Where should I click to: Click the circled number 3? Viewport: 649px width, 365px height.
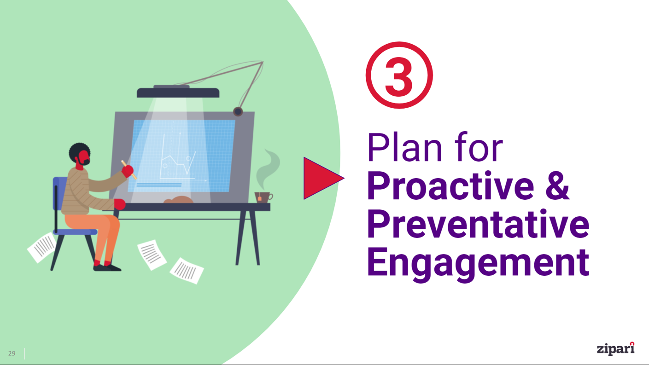399,75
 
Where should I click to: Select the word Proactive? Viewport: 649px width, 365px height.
450,186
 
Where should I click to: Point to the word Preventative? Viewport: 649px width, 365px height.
478,225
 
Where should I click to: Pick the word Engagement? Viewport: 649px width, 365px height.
478,262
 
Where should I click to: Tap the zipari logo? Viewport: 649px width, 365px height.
616,348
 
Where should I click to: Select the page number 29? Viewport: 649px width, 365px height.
12,353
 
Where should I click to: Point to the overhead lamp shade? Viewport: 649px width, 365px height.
178,93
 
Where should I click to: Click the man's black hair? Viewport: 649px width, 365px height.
79,151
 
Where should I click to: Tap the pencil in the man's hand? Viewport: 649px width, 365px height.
129,169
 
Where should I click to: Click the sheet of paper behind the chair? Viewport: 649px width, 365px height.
42,247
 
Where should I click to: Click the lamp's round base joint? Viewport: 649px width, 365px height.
238,111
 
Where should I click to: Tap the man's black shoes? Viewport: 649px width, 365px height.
107,267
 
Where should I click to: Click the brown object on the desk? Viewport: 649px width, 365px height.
178,200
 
